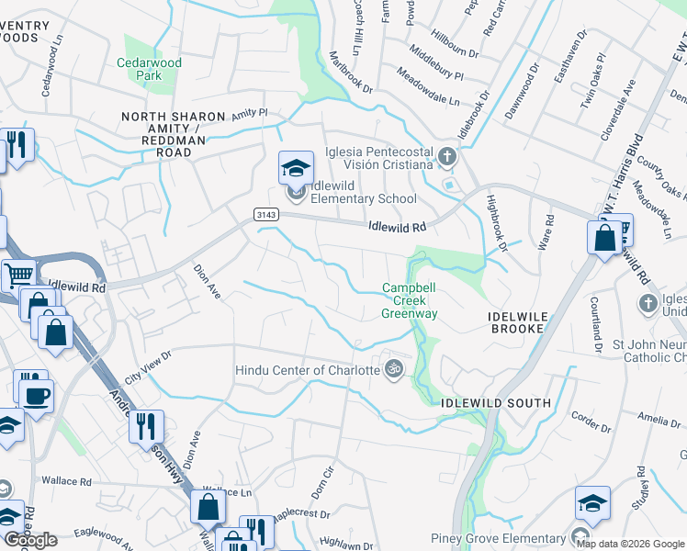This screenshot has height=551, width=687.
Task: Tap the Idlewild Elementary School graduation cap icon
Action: click(296, 168)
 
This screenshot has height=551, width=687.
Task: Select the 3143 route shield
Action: click(265, 214)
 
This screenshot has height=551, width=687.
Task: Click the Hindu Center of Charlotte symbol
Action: click(394, 369)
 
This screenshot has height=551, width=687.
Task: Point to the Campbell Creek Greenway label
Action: click(410, 300)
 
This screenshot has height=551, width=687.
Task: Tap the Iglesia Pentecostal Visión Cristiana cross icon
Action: click(446, 157)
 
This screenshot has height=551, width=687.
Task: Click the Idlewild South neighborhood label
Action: click(496, 403)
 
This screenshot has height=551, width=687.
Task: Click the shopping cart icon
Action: click(17, 275)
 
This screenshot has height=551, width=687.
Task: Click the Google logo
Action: click(30, 540)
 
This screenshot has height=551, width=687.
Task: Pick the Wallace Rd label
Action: click(67, 481)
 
